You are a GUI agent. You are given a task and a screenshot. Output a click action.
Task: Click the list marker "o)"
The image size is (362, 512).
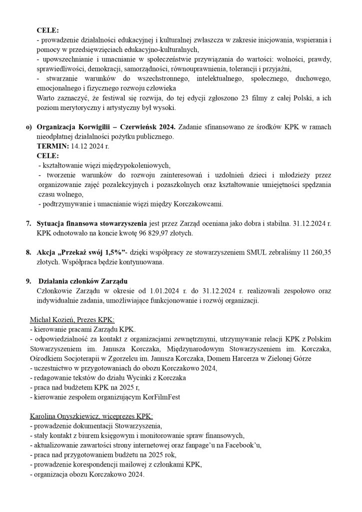pyautogui.click(x=29, y=127)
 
